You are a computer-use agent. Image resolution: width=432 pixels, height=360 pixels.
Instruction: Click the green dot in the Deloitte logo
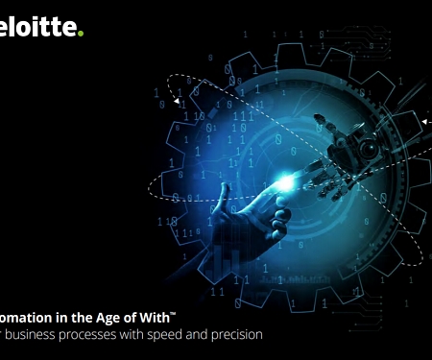click(x=82, y=34)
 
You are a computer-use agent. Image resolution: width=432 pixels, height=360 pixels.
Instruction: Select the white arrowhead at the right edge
click(x=423, y=122)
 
